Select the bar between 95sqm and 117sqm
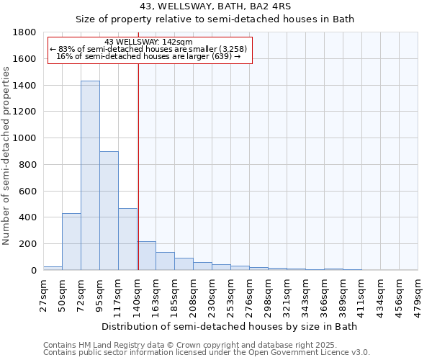click(x=109, y=210)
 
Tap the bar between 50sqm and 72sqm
click(x=71, y=241)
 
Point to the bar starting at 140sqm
click(x=147, y=256)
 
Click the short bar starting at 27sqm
click(x=53, y=268)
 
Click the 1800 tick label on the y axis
click(x=25, y=32)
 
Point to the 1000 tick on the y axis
click(x=25, y=138)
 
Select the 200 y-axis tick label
click(x=28, y=244)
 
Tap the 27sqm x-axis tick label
click(x=43, y=292)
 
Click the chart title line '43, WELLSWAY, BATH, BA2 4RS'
click(x=215, y=6)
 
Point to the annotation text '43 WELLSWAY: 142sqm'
click(x=148, y=42)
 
